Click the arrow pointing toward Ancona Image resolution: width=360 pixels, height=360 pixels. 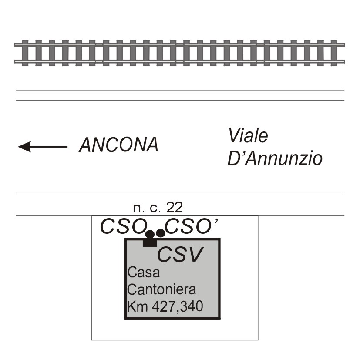(43, 147)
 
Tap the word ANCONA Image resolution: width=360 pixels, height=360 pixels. (119, 145)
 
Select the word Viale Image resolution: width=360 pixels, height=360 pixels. (248, 136)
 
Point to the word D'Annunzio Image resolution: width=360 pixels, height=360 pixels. (275, 158)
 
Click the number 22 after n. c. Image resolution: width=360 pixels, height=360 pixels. (174, 208)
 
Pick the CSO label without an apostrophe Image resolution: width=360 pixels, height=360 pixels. (124, 227)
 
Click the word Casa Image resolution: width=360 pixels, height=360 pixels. (144, 273)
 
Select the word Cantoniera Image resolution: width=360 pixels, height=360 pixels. (161, 289)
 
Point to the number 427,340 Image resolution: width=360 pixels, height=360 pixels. (178, 307)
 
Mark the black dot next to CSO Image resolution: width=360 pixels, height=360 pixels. (150, 234)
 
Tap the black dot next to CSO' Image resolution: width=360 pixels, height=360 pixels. (160, 233)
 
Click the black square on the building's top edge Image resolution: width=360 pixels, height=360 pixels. (150, 242)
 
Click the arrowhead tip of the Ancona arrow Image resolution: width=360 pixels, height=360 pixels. (18, 147)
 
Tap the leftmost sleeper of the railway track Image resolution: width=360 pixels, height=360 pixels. (25, 53)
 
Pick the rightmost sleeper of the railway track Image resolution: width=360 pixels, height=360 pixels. (334, 53)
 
